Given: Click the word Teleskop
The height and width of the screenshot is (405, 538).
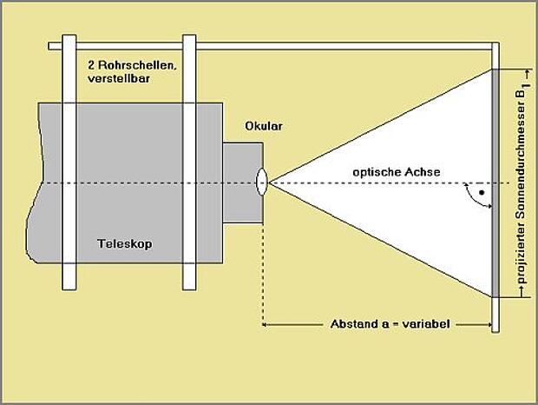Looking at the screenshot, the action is pyautogui.click(x=125, y=243).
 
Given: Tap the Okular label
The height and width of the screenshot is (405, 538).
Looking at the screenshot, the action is pyautogui.click(x=264, y=126).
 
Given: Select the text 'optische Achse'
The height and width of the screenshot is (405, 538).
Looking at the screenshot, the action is pyautogui.click(x=397, y=172).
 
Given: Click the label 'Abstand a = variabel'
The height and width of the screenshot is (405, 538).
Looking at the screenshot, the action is pyautogui.click(x=390, y=324).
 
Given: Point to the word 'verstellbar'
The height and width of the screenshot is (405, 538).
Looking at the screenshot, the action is pyautogui.click(x=119, y=78).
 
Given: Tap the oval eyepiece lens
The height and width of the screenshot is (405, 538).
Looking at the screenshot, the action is pyautogui.click(x=261, y=182).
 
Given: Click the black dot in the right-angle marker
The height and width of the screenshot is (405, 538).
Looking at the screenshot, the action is pyautogui.click(x=482, y=193).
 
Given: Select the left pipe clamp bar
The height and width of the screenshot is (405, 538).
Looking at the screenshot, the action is pyautogui.click(x=69, y=163).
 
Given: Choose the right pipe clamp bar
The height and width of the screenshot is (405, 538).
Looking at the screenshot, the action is pyautogui.click(x=189, y=163).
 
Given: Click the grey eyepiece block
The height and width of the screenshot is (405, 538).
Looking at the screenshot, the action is pyautogui.click(x=243, y=183).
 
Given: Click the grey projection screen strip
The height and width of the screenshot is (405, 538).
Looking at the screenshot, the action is pyautogui.click(x=495, y=183).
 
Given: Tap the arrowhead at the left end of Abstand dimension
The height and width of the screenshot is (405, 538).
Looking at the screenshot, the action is pyautogui.click(x=265, y=324).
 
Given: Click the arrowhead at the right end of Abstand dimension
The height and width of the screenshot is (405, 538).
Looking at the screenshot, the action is pyautogui.click(x=489, y=324).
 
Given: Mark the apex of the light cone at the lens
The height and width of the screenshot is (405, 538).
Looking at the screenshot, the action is pyautogui.click(x=269, y=183).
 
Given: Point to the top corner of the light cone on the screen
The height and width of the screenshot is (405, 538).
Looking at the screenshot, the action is pyautogui.click(x=492, y=70).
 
